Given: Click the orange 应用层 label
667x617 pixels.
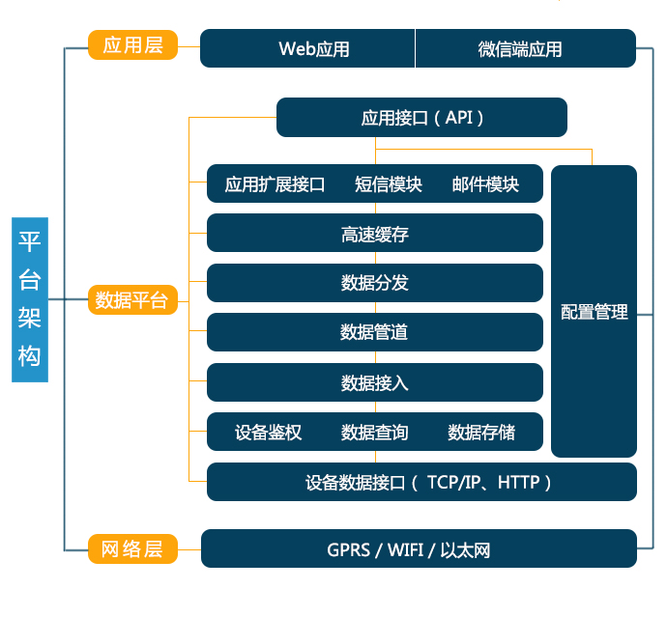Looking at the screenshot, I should click(132, 45).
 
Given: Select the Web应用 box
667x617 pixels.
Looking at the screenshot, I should click(307, 48).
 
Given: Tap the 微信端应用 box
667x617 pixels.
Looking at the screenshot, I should click(525, 48).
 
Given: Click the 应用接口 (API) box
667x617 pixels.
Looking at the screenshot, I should click(421, 118).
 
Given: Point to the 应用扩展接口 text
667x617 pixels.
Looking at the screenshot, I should click(275, 184).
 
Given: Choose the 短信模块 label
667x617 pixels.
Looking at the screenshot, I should click(389, 184).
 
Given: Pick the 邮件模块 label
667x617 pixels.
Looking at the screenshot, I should click(485, 184).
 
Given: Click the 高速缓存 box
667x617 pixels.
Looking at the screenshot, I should click(375, 234).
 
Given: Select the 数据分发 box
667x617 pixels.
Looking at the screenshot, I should click(375, 283).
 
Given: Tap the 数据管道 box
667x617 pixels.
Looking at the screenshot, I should click(375, 332).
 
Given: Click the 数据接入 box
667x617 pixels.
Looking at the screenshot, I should click(375, 382).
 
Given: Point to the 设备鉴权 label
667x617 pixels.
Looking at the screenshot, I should click(269, 432).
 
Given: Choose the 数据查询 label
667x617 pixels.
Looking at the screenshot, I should click(375, 432).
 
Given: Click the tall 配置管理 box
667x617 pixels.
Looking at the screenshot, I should click(594, 311).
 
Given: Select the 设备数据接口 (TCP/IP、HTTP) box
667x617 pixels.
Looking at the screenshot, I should click(421, 482).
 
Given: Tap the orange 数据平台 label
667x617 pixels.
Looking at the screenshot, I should click(132, 300).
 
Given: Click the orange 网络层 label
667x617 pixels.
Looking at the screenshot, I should click(132, 549).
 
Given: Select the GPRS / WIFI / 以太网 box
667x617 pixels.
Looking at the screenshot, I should click(418, 549).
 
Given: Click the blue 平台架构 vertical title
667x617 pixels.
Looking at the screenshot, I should click(30, 300).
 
